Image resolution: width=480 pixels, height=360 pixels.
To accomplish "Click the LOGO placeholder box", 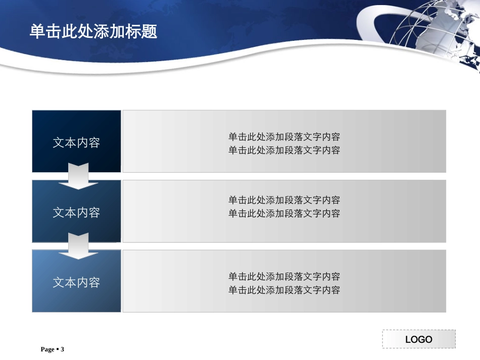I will click(418, 339).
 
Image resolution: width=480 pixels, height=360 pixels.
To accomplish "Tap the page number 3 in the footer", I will click(63, 349).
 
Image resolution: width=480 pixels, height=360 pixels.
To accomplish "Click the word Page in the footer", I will click(47, 349).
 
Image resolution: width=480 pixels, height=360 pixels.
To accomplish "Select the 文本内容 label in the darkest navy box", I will click(76, 143).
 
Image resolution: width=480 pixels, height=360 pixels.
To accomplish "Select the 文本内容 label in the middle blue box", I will click(76, 213).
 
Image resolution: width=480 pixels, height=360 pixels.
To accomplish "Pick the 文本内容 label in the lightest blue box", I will click(76, 282).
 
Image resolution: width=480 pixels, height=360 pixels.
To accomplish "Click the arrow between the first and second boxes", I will click(78, 176).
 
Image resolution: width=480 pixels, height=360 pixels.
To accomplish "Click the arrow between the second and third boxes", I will click(78, 246).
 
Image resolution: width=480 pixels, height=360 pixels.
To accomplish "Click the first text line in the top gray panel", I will click(284, 137).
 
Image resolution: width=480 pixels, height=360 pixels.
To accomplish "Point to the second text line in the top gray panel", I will click(284, 150).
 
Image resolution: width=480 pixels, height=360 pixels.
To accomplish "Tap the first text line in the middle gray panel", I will click(284, 200).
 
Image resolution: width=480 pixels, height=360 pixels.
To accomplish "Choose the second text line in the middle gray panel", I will click(284, 213).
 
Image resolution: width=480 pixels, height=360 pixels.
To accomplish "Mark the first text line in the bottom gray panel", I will click(284, 277).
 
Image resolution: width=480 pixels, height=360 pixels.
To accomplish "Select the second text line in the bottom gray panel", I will click(284, 290).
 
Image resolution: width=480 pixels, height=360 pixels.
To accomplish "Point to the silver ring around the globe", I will click(371, 25).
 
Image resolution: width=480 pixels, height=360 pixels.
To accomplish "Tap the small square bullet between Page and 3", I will click(57, 349).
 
